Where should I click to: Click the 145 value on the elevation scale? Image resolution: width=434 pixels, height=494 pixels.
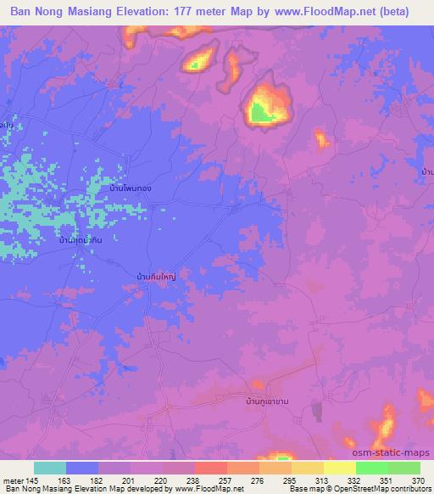point(34,480)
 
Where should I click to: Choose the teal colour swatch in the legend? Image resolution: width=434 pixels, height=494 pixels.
point(50,468)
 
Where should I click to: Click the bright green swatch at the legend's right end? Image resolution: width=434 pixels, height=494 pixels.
point(403,468)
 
